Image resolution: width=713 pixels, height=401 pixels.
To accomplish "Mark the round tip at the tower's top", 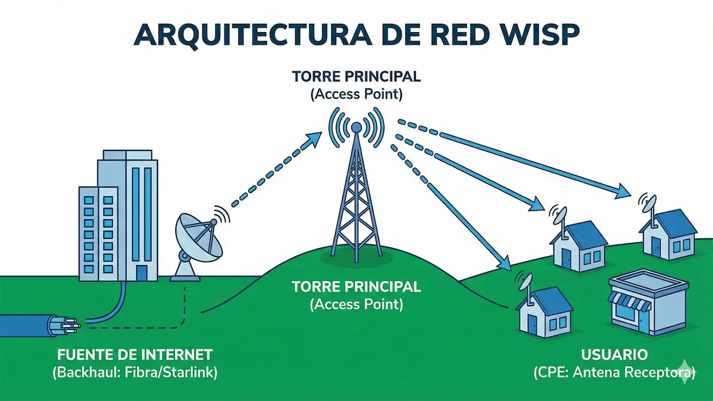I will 356,127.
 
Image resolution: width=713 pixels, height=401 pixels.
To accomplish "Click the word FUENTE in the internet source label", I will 80,355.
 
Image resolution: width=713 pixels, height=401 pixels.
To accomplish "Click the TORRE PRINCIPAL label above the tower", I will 356,77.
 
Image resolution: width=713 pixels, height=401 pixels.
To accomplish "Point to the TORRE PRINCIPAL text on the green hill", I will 356,288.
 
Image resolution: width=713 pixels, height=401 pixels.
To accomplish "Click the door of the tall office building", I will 141,272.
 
